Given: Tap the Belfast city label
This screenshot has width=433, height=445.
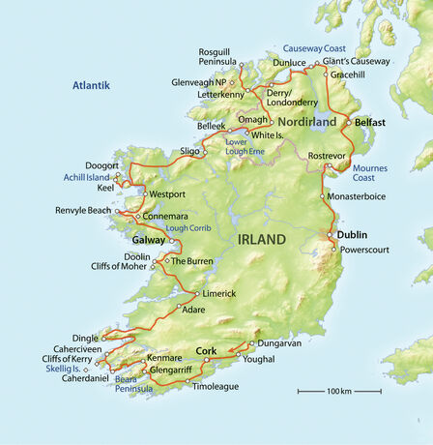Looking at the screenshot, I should click(370, 123).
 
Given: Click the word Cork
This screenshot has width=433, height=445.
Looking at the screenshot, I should click(206, 350).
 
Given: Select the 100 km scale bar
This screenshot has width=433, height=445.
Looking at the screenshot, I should click(338, 391).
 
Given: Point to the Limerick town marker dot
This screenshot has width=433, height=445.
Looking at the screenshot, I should click(196, 293).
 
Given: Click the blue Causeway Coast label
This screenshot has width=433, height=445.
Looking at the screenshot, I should click(314, 46).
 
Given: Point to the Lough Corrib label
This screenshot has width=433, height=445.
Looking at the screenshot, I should click(187, 228).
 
